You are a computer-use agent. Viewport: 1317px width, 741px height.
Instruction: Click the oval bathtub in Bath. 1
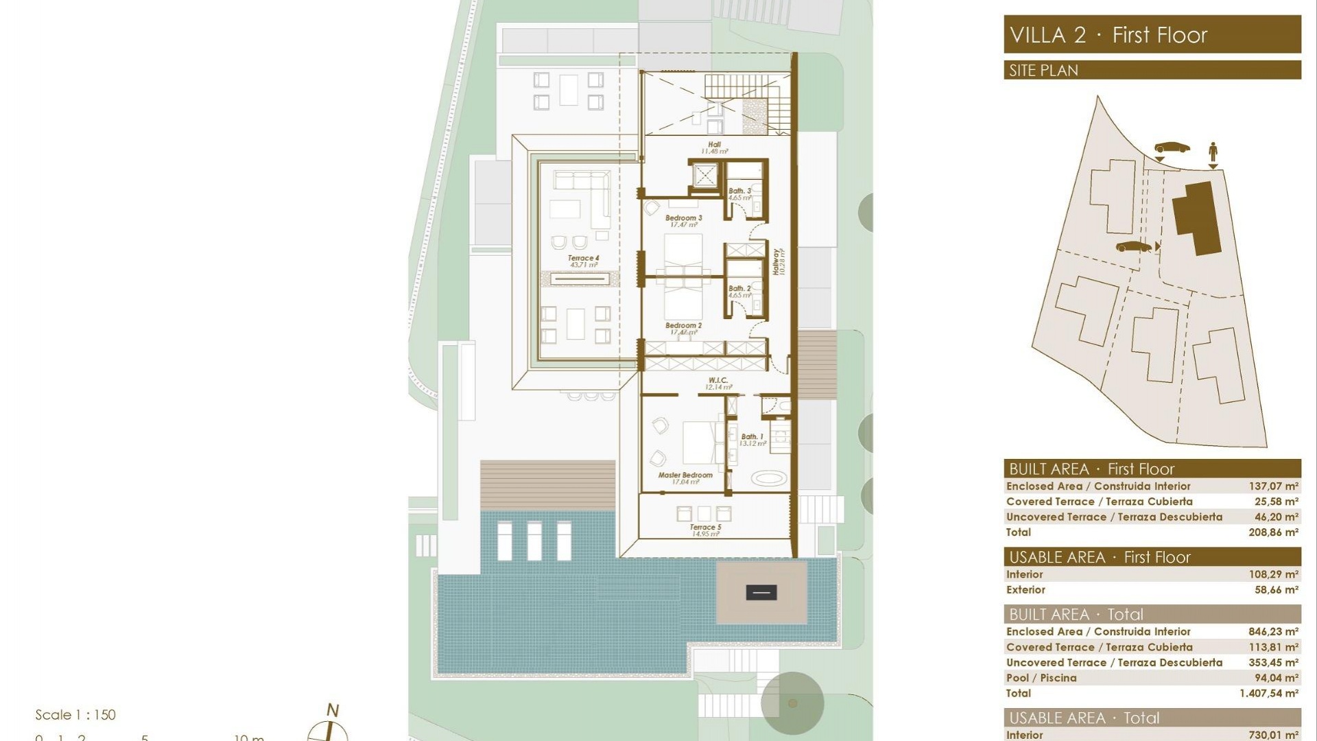[768, 479]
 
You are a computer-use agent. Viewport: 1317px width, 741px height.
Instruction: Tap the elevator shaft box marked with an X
[704, 176]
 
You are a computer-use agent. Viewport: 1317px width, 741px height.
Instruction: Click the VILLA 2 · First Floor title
[1108, 35]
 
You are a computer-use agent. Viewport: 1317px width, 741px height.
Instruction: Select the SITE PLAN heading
[1043, 71]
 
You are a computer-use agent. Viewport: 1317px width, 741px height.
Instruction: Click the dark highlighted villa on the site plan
[1197, 216]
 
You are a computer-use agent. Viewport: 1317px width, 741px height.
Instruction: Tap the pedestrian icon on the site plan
[1213, 152]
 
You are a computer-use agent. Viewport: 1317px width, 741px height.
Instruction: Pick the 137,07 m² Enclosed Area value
[1272, 486]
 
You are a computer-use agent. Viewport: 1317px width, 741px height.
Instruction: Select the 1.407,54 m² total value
[1268, 694]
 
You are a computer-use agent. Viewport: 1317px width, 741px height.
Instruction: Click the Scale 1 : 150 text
[75, 715]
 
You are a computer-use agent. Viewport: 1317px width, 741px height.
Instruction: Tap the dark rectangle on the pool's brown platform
[761, 593]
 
